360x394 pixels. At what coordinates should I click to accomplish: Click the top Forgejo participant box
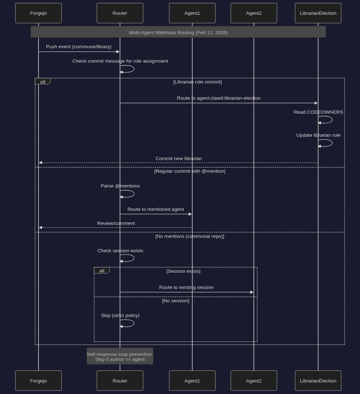(39, 13)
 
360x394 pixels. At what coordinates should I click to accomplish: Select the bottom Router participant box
(120, 380)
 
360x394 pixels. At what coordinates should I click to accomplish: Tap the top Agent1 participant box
(192, 13)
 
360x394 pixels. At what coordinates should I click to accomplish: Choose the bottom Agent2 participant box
(254, 380)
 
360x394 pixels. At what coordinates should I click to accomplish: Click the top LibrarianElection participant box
(318, 13)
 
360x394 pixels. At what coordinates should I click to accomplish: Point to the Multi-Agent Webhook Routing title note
(178, 32)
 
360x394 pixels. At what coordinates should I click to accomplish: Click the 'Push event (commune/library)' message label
(78, 47)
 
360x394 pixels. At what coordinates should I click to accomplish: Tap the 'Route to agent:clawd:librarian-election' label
(219, 98)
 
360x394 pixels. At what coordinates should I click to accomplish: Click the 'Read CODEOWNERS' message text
(318, 112)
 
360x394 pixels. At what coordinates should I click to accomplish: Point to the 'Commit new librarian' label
(179, 159)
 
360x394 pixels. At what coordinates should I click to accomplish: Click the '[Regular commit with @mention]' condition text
(190, 171)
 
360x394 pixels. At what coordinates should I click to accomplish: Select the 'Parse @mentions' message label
(120, 186)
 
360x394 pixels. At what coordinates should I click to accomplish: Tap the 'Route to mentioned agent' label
(156, 209)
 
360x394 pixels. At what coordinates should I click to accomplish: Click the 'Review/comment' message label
(116, 223)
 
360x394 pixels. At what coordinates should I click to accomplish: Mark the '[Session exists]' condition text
(183, 271)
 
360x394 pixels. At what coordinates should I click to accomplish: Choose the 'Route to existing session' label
(186, 287)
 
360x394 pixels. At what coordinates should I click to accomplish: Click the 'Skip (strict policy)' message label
(120, 316)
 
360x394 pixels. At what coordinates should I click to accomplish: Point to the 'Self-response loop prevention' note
(120, 356)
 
